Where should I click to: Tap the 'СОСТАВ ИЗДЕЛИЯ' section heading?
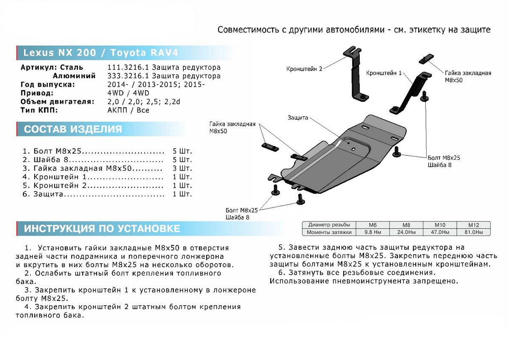click(x=73, y=129)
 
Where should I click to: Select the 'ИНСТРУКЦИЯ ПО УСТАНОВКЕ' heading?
click(x=102, y=229)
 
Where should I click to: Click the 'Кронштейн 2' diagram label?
click(x=305, y=68)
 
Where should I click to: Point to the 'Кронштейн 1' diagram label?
click(x=384, y=73)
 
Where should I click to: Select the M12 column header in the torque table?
click(x=473, y=225)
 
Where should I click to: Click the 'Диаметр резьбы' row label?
click(x=329, y=225)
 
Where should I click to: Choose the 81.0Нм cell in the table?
click(x=473, y=232)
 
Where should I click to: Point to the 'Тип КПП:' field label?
click(x=39, y=110)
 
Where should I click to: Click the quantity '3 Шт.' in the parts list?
click(x=182, y=168)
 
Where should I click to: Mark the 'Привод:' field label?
click(x=37, y=93)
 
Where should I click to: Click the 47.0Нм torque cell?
click(x=439, y=232)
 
